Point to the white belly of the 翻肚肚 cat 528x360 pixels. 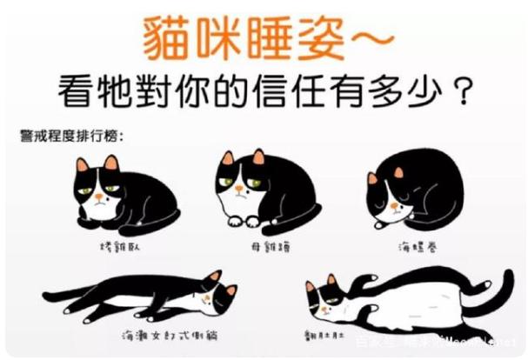click(x=391, y=303)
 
